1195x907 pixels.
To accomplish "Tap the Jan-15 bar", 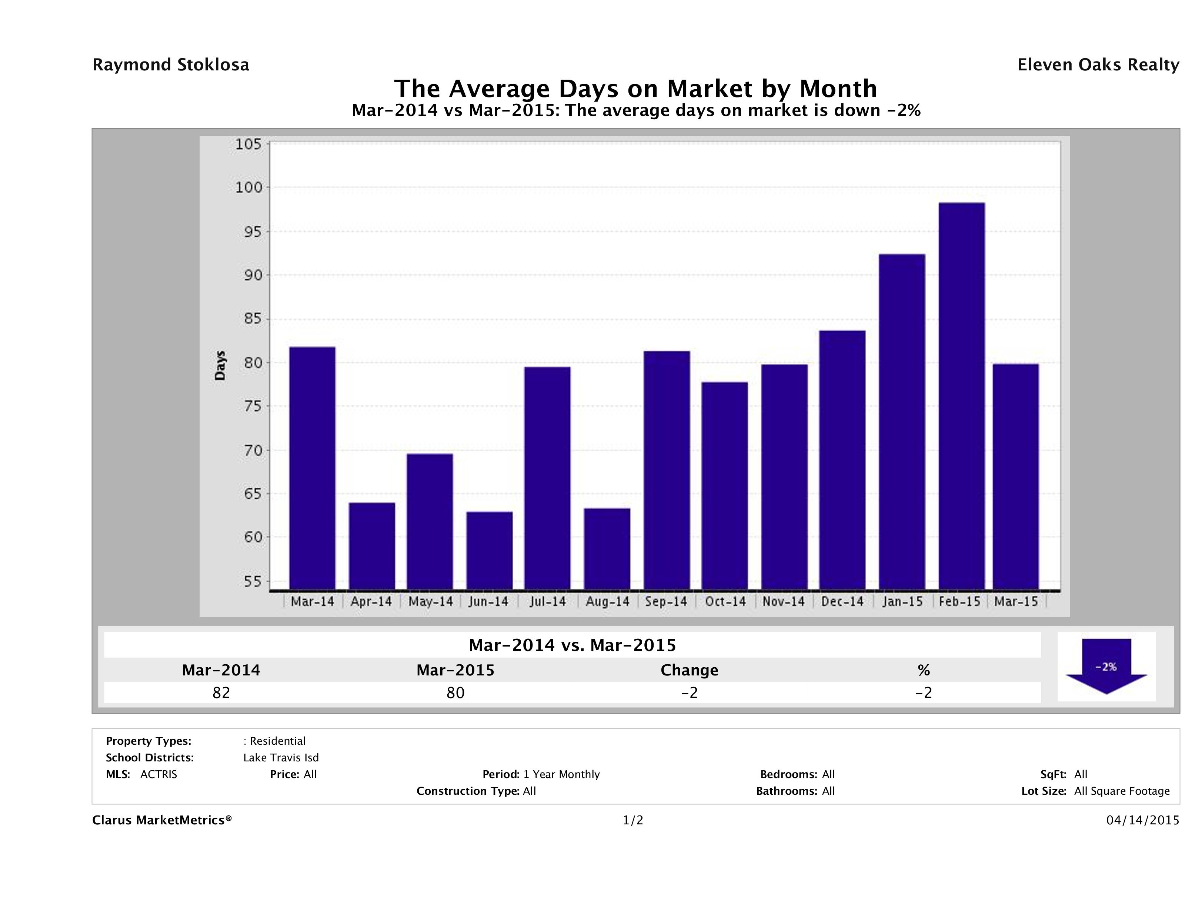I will pyautogui.click(x=902, y=422).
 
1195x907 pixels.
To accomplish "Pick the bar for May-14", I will pyautogui.click(x=430, y=522).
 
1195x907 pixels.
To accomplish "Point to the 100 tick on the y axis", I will pyautogui.click(x=248, y=187).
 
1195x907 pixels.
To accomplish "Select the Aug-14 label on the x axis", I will pyautogui.click(x=607, y=602).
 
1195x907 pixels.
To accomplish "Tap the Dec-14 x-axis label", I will pyautogui.click(x=842, y=602).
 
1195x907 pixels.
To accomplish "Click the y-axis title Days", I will pyautogui.click(x=220, y=365).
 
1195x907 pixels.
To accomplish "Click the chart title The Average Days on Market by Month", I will pyautogui.click(x=635, y=89).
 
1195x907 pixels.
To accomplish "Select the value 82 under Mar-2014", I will pyautogui.click(x=221, y=692).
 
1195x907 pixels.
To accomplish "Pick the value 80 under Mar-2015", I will pyautogui.click(x=455, y=692).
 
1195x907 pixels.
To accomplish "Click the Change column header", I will pyautogui.click(x=690, y=670).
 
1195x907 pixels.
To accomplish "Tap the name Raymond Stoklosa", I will pyautogui.click(x=171, y=65).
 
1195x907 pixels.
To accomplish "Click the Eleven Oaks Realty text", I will pyautogui.click(x=1098, y=65).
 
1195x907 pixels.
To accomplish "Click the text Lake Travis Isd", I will pyautogui.click(x=281, y=757).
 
